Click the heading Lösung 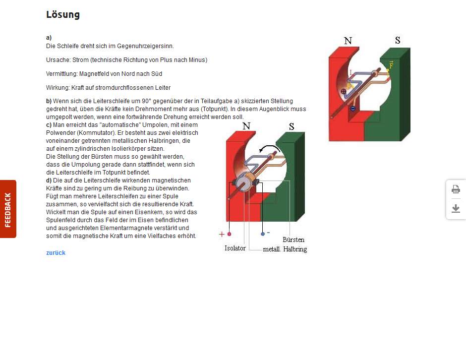click(x=63, y=14)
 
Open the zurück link click(x=56, y=253)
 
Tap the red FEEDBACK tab click(x=8, y=209)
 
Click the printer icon click(x=456, y=189)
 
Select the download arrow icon click(x=456, y=209)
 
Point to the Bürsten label click(x=293, y=240)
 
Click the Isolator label click(x=235, y=248)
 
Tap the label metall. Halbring click(x=285, y=249)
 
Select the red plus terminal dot click(x=229, y=234)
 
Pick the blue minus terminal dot click(x=263, y=234)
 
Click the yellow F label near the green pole click(x=391, y=65)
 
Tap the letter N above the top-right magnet click(x=348, y=41)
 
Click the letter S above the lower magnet click(x=291, y=126)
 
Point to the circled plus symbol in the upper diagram click(x=344, y=92)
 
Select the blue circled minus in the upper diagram click(x=352, y=108)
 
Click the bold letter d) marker click(x=49, y=180)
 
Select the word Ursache click(x=57, y=60)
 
